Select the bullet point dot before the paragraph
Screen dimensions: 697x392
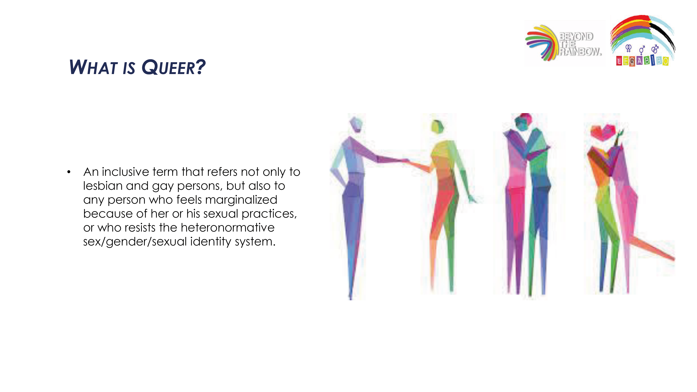[69, 172]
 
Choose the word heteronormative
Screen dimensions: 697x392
[228, 228]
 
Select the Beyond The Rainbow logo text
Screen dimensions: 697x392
[580, 44]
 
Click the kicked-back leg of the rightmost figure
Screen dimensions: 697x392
[652, 248]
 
